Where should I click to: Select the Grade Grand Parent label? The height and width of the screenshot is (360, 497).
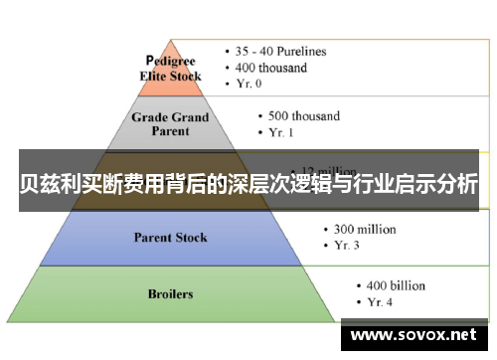coord(171,123)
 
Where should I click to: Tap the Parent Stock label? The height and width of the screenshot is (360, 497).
coord(170,238)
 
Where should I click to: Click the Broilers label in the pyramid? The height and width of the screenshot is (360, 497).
coord(170,294)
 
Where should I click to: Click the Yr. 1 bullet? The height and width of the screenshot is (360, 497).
coord(277,131)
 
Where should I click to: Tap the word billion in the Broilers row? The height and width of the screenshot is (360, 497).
coord(408,286)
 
